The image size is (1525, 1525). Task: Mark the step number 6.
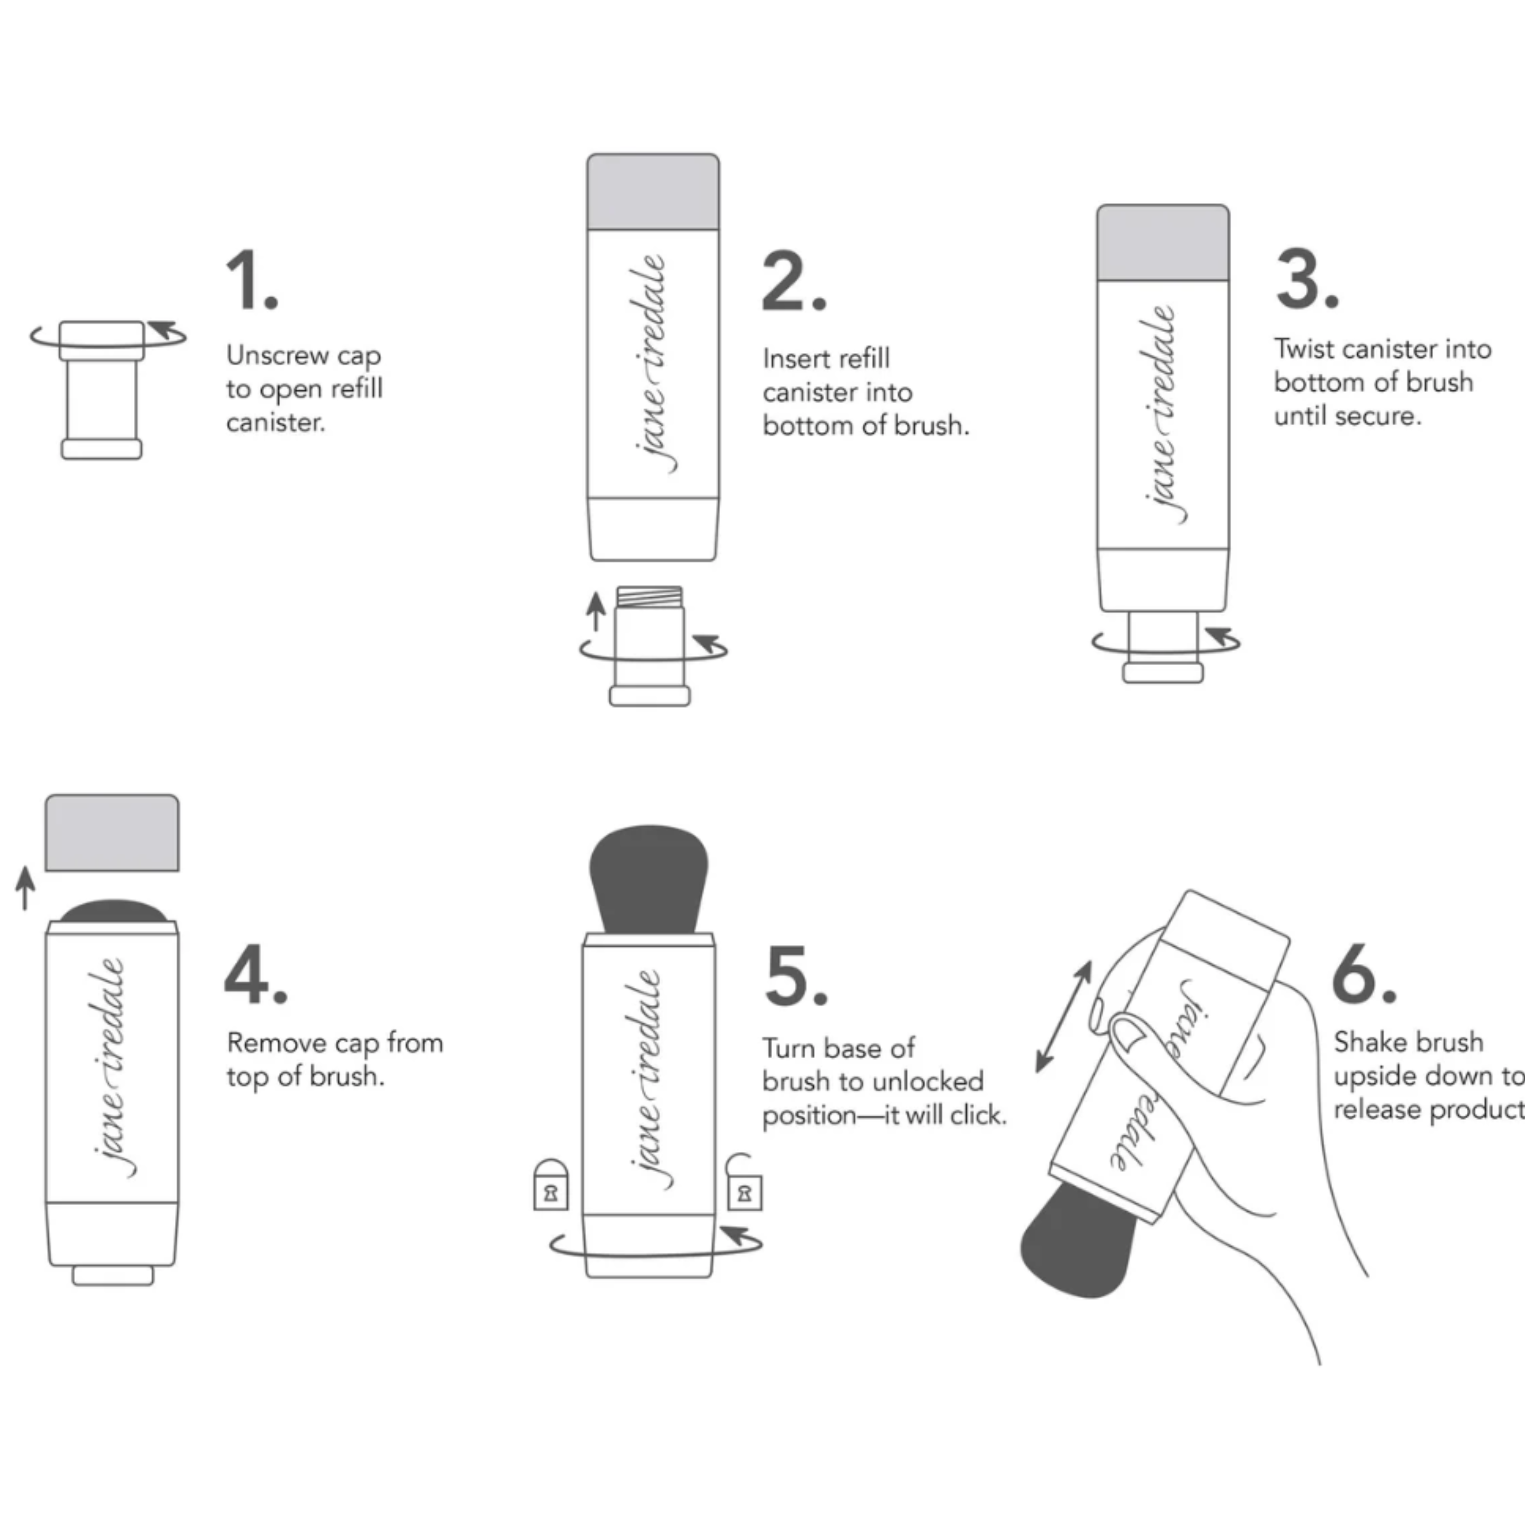pyautogui.click(x=1363, y=974)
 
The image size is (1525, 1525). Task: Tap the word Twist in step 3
pyautogui.click(x=1304, y=349)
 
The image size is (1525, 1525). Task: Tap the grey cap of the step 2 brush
pyautogui.click(x=653, y=192)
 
